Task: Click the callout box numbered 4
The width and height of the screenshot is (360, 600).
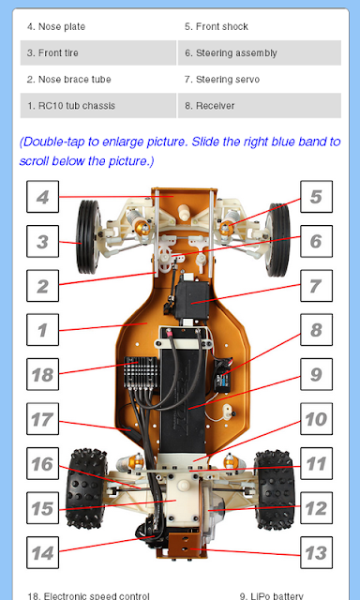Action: pyautogui.click(x=42, y=197)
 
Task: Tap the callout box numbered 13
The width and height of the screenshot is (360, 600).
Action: pyautogui.click(x=316, y=552)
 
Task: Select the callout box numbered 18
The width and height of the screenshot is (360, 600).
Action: pyautogui.click(x=42, y=374)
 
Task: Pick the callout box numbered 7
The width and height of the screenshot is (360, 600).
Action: pyautogui.click(x=316, y=285)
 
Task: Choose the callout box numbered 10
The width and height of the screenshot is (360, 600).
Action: pyautogui.click(x=316, y=419)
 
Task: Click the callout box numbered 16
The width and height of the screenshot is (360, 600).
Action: pyautogui.click(x=42, y=463)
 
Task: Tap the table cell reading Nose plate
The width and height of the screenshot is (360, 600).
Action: pyautogui.click(x=98, y=27)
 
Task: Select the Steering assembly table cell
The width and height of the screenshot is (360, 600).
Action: pyautogui.click(x=260, y=52)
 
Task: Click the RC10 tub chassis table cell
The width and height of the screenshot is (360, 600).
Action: pyautogui.click(x=98, y=106)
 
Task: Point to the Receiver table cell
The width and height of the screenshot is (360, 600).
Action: pyautogui.click(x=260, y=106)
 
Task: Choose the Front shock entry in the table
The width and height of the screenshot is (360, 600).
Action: pyautogui.click(x=260, y=27)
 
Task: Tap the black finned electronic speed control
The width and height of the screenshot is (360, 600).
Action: pyautogui.click(x=141, y=374)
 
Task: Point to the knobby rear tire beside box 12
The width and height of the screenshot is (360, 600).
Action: pyautogui.click(x=275, y=489)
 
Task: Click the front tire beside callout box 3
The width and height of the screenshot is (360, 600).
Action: pyautogui.click(x=88, y=237)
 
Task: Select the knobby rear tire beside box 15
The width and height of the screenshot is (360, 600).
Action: pyautogui.click(x=86, y=489)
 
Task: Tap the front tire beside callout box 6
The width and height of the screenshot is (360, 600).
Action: pyautogui.click(x=278, y=240)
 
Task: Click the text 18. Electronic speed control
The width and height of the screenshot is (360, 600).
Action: pyautogui.click(x=88, y=596)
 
